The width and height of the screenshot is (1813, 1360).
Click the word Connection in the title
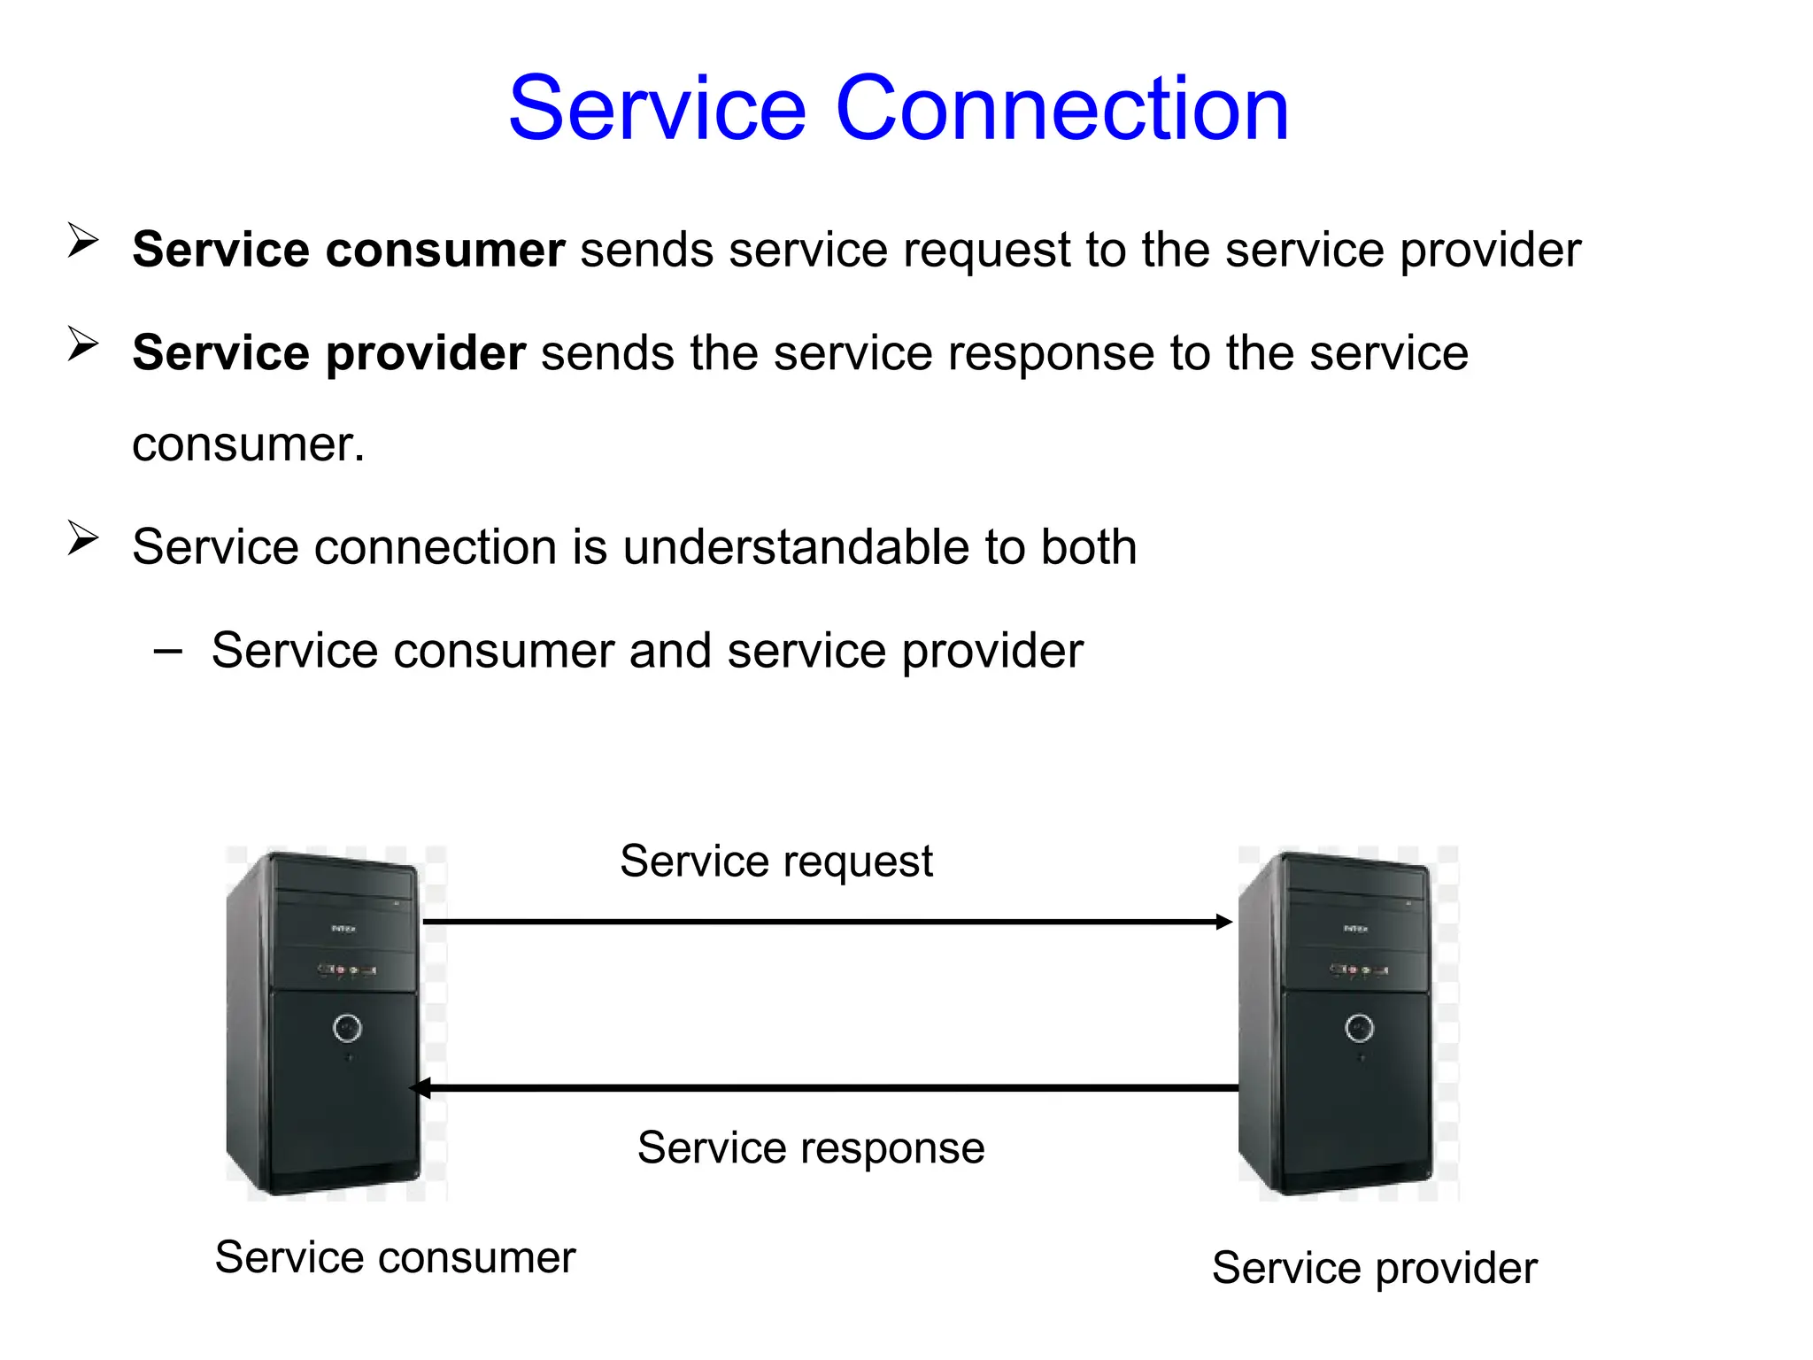coord(1061,108)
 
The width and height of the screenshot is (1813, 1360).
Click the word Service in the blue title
coord(657,108)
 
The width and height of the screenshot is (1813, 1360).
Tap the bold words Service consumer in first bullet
coord(348,250)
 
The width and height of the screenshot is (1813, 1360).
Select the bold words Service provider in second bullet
coord(328,353)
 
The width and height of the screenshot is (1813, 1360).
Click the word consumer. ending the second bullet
coord(248,444)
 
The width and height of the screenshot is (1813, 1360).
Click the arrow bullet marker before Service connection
coord(82,538)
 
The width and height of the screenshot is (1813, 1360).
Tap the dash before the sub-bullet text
coord(167,652)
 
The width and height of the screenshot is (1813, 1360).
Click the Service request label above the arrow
coord(775,862)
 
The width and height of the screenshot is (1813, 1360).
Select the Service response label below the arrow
coord(810,1148)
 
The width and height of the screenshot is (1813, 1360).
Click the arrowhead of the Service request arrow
coord(1223,922)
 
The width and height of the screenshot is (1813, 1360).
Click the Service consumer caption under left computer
coord(395,1258)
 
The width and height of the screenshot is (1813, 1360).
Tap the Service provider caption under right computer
coord(1374,1268)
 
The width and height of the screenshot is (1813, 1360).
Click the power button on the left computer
coord(347,1027)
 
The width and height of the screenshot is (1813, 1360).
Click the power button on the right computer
coord(1359,1027)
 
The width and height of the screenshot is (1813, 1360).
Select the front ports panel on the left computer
coord(346,970)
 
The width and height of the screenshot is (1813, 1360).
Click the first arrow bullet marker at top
coord(82,241)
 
